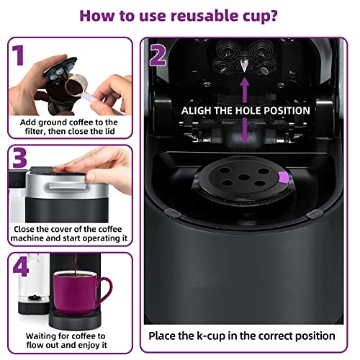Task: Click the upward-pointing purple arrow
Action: click(245, 89)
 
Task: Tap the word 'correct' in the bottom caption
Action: click(275, 336)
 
